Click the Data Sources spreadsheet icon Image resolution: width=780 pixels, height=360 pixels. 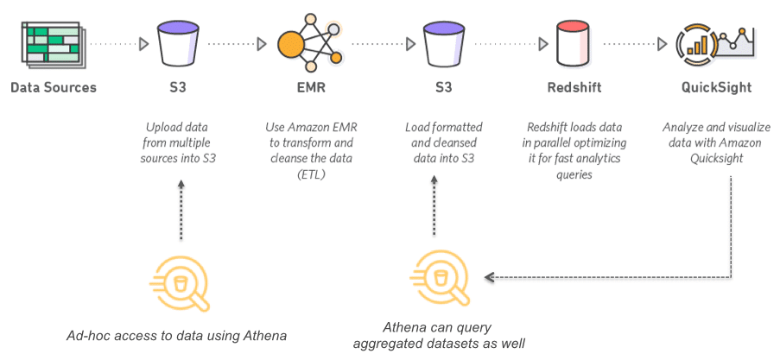pyautogui.click(x=51, y=44)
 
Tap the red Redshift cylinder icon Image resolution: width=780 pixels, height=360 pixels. pyautogui.click(x=573, y=44)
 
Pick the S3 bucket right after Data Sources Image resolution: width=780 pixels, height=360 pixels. pyautogui.click(x=178, y=44)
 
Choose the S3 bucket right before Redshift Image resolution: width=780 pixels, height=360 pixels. pyautogui.click(x=444, y=44)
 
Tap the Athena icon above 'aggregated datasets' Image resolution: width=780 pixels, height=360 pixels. pyautogui.click(x=440, y=278)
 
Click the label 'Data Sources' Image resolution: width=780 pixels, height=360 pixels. pyautogui.click(x=54, y=88)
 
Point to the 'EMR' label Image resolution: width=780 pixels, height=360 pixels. pyautogui.click(x=311, y=88)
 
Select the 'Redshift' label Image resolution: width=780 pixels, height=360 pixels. pyautogui.click(x=574, y=88)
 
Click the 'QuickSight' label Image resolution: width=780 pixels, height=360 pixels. pyautogui.click(x=717, y=88)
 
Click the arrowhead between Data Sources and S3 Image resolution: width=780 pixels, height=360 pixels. pyautogui.click(x=143, y=44)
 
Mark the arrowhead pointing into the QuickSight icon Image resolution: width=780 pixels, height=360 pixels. pyautogui.click(x=663, y=44)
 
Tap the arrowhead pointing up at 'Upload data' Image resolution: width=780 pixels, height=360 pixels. pyautogui.click(x=181, y=184)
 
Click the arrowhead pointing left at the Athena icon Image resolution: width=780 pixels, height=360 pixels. pyautogui.click(x=489, y=277)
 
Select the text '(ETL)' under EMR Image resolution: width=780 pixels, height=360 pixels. pyautogui.click(x=311, y=175)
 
